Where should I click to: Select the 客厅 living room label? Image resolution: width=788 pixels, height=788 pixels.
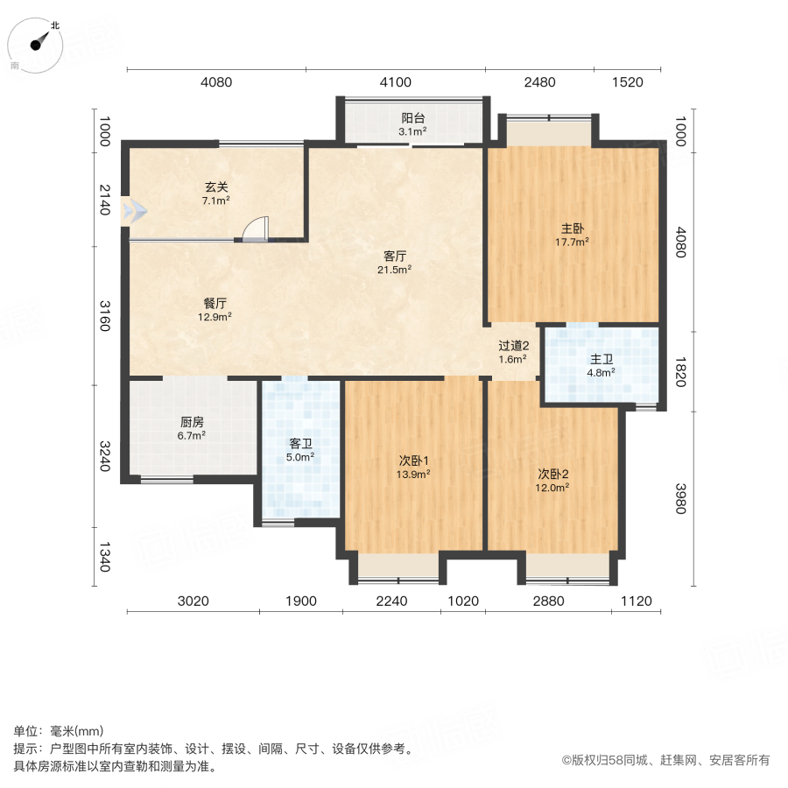point(395,257)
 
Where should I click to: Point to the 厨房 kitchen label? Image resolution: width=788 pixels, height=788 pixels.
point(192,421)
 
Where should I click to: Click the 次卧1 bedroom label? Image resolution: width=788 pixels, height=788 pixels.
point(414,461)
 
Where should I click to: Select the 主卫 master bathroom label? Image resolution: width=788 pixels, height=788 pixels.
point(601,359)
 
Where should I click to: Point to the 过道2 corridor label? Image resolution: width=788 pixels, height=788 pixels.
point(513,346)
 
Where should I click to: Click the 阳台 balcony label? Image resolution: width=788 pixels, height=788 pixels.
point(413,118)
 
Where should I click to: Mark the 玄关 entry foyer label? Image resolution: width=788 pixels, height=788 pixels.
point(216,187)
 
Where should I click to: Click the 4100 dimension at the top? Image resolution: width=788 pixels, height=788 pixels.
point(395,82)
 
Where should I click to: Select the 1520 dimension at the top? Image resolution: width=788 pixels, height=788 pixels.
point(627,82)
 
